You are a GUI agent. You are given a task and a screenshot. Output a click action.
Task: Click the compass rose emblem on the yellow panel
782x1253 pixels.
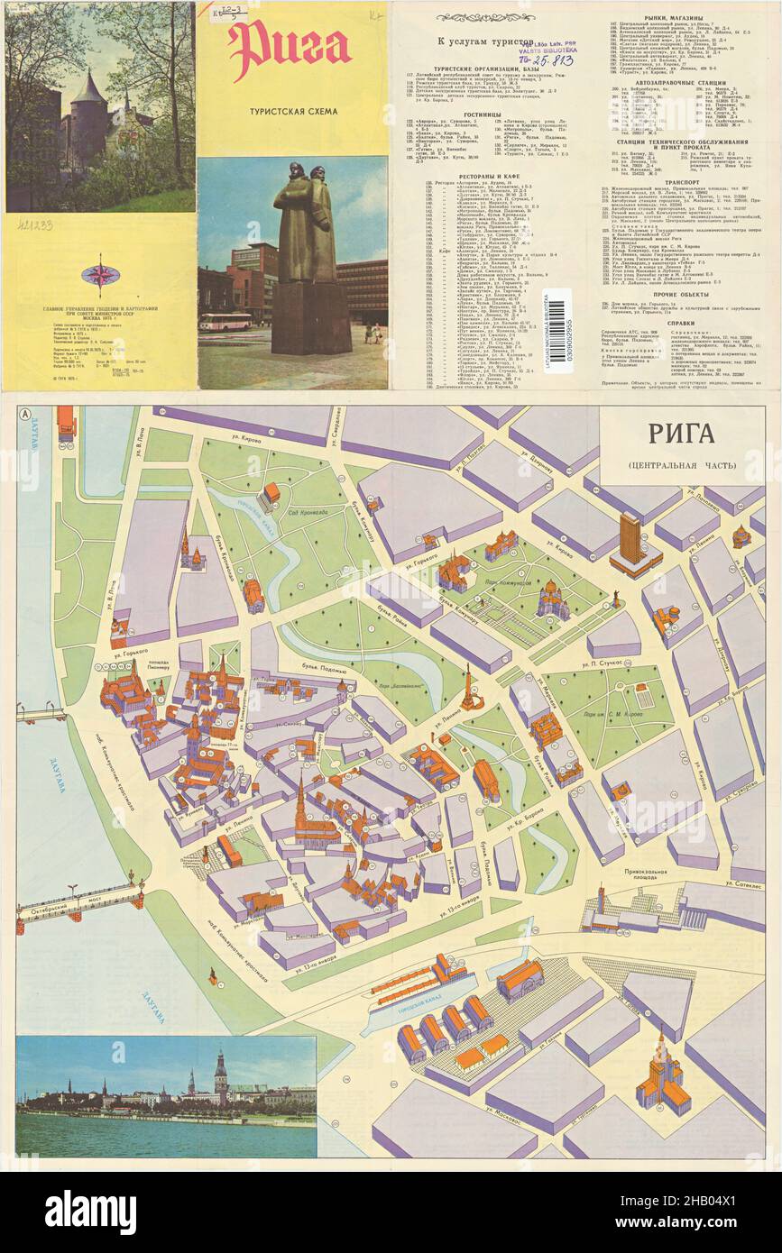pyautogui.click(x=98, y=274)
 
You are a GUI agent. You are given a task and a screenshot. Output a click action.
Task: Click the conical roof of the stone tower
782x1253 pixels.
pyautogui.click(x=87, y=90)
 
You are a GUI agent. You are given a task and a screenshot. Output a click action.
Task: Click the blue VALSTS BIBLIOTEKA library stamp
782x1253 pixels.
pyautogui.click(x=547, y=51)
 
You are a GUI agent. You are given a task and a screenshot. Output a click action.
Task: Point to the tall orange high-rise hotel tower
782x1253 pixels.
pyautogui.click(x=630, y=540)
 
